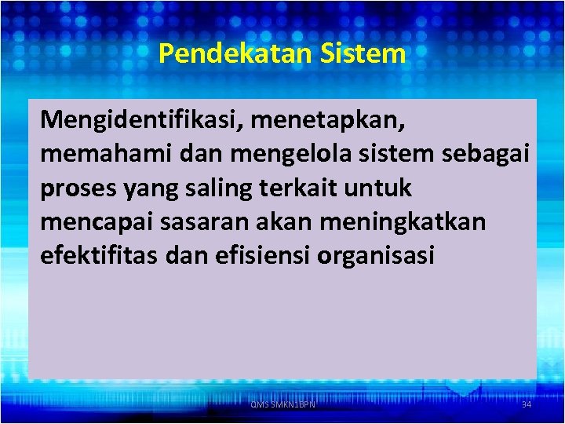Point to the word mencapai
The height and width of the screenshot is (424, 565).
coord(89,223)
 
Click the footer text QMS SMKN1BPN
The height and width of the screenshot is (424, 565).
coord(282,404)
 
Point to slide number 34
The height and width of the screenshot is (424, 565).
coord(526,404)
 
